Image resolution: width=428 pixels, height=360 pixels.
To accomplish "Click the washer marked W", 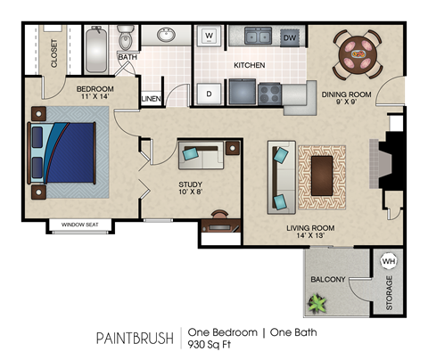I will [x=210, y=37].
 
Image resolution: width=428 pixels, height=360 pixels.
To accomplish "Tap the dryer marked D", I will [x=210, y=93].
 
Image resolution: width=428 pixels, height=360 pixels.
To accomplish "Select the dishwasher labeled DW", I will [x=289, y=37].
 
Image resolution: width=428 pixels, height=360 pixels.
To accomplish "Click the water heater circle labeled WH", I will [x=388, y=261].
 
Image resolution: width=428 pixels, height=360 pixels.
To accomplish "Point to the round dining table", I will [x=358, y=53].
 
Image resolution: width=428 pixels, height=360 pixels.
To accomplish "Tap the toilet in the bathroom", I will [x=126, y=39].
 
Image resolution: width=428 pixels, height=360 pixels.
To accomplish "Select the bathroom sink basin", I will [x=166, y=37].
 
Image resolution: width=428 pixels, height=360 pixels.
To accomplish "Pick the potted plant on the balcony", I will [x=317, y=304].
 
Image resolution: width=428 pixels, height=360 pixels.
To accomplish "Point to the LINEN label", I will [x=152, y=98].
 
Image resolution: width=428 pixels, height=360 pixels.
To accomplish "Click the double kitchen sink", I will [x=259, y=37].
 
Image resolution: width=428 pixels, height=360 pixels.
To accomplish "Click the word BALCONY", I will [x=327, y=279].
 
